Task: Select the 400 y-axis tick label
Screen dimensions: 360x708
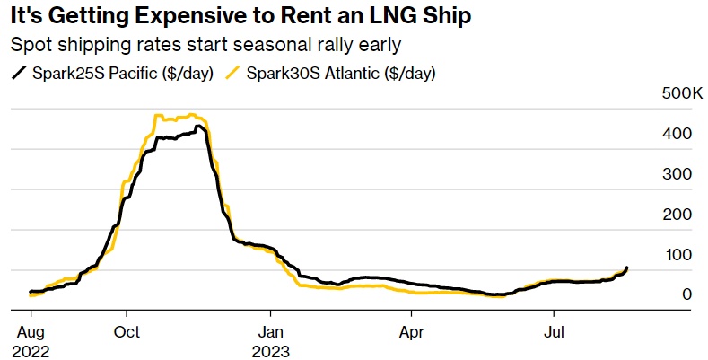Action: click(x=677, y=134)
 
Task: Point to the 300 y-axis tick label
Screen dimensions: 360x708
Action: click(x=677, y=174)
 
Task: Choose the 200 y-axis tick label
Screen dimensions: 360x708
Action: click(x=677, y=215)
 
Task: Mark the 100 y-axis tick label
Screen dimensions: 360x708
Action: click(x=677, y=255)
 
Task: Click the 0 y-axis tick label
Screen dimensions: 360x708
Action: click(x=686, y=294)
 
